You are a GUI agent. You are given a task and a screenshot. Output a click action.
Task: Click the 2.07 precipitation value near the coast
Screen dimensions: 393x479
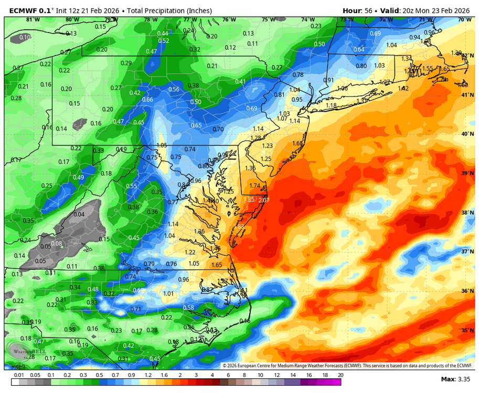point(264,200)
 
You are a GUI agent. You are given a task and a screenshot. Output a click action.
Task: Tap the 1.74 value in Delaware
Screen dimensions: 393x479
point(255,185)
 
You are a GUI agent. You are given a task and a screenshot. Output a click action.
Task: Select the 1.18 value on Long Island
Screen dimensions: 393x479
point(331,105)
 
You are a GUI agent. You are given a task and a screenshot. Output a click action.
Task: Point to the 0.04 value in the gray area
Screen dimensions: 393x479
point(79,214)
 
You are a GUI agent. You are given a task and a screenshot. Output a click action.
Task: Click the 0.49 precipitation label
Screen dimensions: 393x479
point(78,177)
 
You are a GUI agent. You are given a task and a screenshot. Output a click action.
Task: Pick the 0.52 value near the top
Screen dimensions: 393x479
point(164,41)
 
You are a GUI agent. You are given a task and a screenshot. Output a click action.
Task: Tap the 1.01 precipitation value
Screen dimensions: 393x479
point(168,293)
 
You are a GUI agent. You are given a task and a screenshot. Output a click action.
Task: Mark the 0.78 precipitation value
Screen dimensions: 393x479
point(297,75)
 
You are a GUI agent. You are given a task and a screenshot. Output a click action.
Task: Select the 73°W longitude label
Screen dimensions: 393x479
point(347,20)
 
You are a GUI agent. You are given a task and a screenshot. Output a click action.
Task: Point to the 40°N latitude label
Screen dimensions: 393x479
point(465,134)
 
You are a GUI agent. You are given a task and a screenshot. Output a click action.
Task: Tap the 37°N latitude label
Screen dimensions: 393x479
point(465,252)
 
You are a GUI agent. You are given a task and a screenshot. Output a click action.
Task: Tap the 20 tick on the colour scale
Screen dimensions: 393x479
point(340,375)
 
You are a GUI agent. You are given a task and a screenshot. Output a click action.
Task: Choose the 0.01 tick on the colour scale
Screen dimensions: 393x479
point(19,375)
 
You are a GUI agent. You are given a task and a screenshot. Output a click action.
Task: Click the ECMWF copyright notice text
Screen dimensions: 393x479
point(347,366)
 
